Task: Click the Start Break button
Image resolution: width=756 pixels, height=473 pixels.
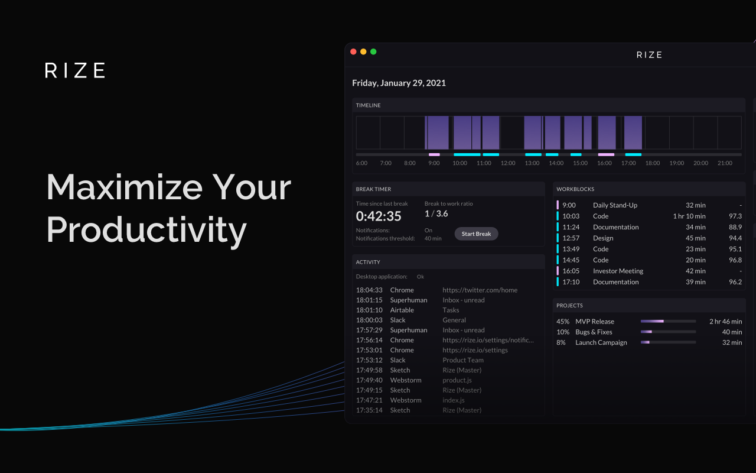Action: click(476, 234)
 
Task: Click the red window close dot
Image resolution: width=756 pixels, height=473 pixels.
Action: click(353, 51)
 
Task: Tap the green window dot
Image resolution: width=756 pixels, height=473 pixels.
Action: click(373, 51)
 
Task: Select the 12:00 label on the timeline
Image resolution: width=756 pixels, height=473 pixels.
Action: click(507, 163)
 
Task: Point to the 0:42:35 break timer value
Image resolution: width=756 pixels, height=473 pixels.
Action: click(379, 216)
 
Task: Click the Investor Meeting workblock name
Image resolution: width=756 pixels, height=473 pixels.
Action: click(618, 271)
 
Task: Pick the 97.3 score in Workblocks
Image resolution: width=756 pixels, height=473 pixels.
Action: click(735, 216)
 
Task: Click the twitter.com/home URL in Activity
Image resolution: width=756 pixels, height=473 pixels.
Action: click(480, 290)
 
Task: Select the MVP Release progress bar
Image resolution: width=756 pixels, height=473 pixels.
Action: click(668, 321)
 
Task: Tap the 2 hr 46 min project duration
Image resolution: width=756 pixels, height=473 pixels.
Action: click(726, 322)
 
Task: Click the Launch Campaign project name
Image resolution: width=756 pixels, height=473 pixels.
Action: click(601, 342)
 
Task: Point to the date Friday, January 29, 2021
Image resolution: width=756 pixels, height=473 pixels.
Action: click(399, 83)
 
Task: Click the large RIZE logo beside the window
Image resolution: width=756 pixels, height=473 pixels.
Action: click(75, 70)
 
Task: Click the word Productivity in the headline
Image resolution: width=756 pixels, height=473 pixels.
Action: click(146, 230)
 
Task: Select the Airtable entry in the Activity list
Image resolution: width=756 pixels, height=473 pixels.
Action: click(402, 310)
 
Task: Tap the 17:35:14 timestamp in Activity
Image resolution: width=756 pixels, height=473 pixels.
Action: click(369, 410)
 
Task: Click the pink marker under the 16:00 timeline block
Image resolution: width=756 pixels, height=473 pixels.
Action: click(606, 155)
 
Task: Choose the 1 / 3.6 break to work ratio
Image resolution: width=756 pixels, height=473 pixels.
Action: click(436, 213)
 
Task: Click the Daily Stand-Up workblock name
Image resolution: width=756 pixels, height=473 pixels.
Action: click(615, 205)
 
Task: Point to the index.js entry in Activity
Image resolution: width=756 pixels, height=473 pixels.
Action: click(454, 400)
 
